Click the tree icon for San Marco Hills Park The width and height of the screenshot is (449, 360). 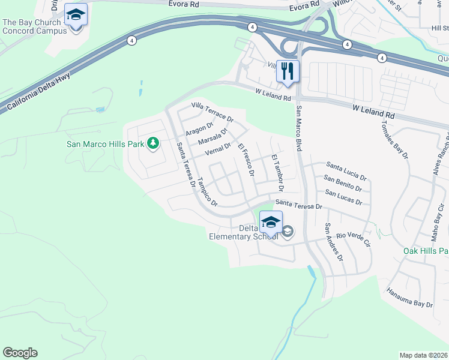(153, 143)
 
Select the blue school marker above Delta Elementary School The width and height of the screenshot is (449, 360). (271, 222)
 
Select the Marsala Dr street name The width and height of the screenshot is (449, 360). (212, 137)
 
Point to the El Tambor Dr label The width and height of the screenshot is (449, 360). (277, 172)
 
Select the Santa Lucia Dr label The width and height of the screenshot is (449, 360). (346, 170)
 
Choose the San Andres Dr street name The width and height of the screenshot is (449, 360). (334, 241)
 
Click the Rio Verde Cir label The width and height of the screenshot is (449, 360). (354, 239)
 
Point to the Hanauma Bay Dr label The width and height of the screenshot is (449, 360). (410, 298)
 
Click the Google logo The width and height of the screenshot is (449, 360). (20, 353)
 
